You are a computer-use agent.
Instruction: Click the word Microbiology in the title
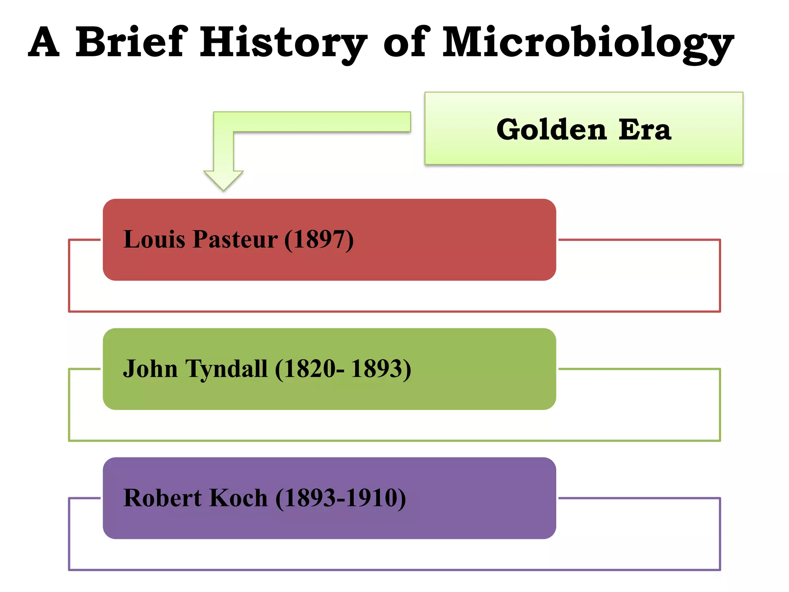(x=588, y=42)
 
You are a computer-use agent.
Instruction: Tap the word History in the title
(x=283, y=42)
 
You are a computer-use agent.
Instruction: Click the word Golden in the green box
(x=551, y=129)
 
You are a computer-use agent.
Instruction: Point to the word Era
(x=645, y=129)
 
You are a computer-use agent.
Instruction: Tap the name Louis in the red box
(x=154, y=239)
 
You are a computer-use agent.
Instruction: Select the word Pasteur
(x=235, y=239)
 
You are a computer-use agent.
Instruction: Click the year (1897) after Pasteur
(x=319, y=240)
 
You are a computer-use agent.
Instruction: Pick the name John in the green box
(x=150, y=368)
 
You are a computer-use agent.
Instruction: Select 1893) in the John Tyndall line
(x=381, y=368)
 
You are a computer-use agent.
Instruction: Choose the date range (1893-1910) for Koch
(x=341, y=498)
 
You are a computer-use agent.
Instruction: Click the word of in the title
(x=406, y=42)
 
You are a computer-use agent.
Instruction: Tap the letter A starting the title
(x=44, y=42)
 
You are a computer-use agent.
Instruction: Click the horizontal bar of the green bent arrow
(x=320, y=122)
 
